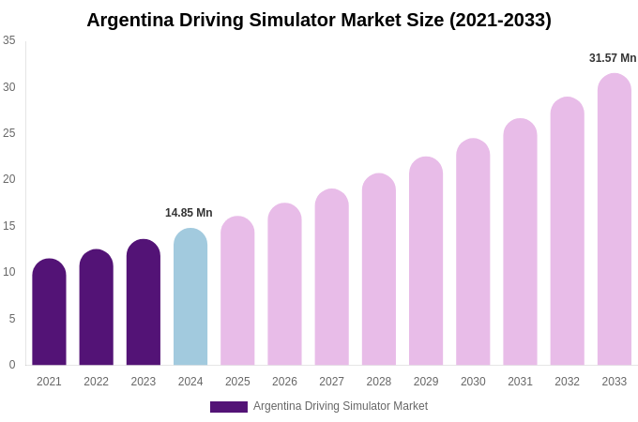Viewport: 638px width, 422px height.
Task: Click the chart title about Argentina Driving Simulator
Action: pos(319,20)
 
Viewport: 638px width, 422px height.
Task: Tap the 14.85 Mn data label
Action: pos(189,213)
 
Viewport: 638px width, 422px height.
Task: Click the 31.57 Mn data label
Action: pos(613,58)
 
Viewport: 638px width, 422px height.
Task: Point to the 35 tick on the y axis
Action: pos(9,40)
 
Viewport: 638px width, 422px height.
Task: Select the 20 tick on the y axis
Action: pos(9,179)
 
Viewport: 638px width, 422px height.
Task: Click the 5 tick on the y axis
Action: pos(12,319)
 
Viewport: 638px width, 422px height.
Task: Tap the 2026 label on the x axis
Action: pos(284,382)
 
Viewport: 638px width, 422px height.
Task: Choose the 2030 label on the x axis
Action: pos(473,382)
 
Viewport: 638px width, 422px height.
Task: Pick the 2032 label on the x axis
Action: pos(567,382)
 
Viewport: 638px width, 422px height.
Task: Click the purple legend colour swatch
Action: pos(229,407)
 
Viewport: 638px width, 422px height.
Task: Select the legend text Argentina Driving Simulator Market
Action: pos(341,406)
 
